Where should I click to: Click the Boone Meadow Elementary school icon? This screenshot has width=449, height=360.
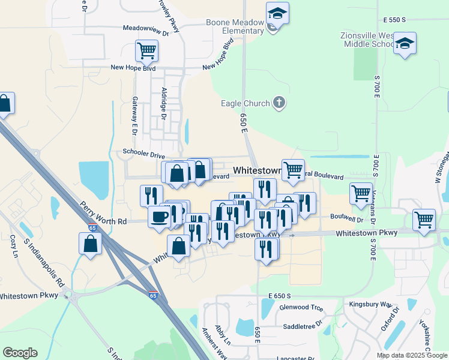[278, 14]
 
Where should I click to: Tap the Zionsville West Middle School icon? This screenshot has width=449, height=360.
[405, 43]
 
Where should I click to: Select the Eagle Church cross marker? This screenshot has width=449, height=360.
[279, 103]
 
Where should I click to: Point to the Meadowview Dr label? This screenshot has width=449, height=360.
[146, 28]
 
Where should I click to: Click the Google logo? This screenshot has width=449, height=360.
[20, 353]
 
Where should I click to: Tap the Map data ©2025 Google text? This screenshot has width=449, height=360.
[412, 355]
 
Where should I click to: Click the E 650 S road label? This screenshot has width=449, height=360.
[280, 296]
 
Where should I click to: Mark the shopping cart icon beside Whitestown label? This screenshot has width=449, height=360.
[293, 170]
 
